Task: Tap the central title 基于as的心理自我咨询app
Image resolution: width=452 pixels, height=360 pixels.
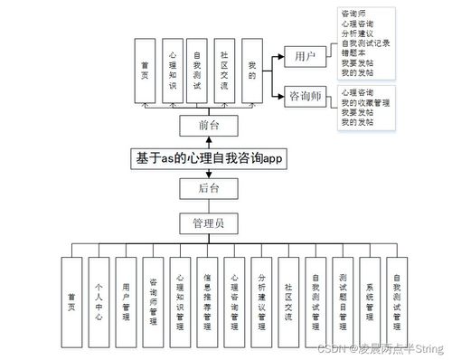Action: tap(210, 157)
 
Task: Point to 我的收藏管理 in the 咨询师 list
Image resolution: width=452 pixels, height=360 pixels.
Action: tap(365, 102)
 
